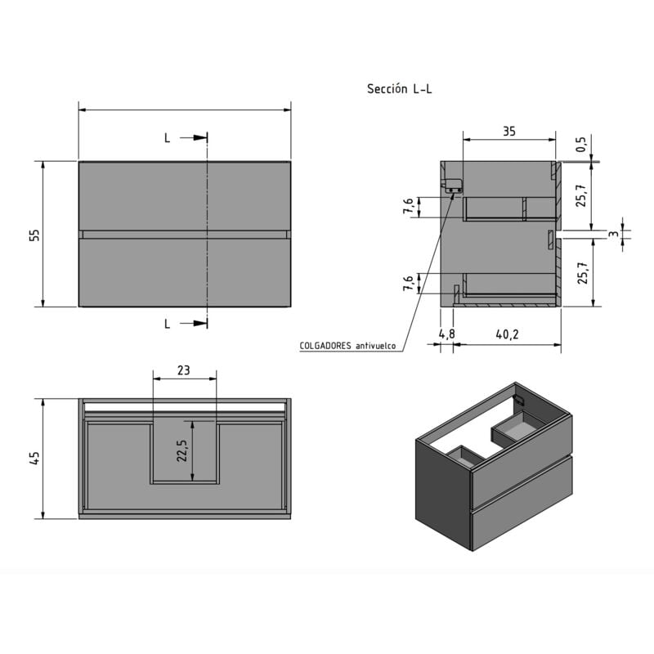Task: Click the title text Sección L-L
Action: tap(399, 89)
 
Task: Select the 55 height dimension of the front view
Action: tap(34, 235)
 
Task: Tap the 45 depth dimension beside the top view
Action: tap(34, 459)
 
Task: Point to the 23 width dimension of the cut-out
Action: tap(184, 370)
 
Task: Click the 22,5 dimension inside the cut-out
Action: tap(181, 451)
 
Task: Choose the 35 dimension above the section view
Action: tap(508, 131)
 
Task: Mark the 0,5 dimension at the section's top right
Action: tap(581, 145)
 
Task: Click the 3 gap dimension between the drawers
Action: tap(612, 235)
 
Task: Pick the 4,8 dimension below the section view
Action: tap(446, 334)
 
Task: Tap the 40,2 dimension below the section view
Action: tap(507, 334)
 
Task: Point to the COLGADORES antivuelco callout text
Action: tap(347, 346)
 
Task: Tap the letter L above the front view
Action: tap(168, 138)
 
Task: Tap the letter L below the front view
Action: tap(168, 324)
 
